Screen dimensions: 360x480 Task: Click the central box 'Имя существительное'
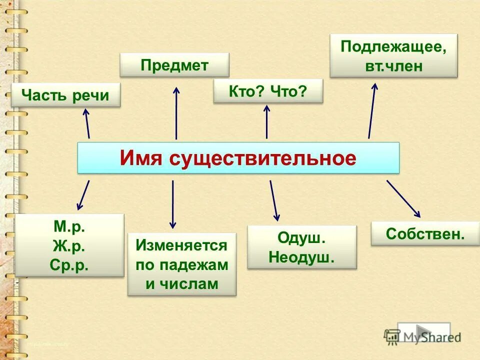click(238, 158)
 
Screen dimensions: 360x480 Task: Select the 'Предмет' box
click(174, 65)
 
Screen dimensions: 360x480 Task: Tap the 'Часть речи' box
click(66, 95)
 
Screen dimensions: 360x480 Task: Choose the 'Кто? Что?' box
click(268, 91)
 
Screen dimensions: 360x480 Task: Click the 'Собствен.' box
click(425, 234)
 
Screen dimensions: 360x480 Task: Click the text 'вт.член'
click(394, 66)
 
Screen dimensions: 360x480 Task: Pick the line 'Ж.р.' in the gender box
click(69, 246)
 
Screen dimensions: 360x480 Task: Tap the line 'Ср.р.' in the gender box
click(69, 264)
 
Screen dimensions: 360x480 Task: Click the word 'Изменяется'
click(181, 245)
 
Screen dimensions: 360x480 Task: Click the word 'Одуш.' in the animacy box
click(301, 238)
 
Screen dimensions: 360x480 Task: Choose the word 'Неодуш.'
click(301, 257)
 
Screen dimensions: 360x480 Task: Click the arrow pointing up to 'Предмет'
click(176, 112)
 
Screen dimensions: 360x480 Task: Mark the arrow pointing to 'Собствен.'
click(403, 198)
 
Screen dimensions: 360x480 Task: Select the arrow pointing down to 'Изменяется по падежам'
click(173, 204)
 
